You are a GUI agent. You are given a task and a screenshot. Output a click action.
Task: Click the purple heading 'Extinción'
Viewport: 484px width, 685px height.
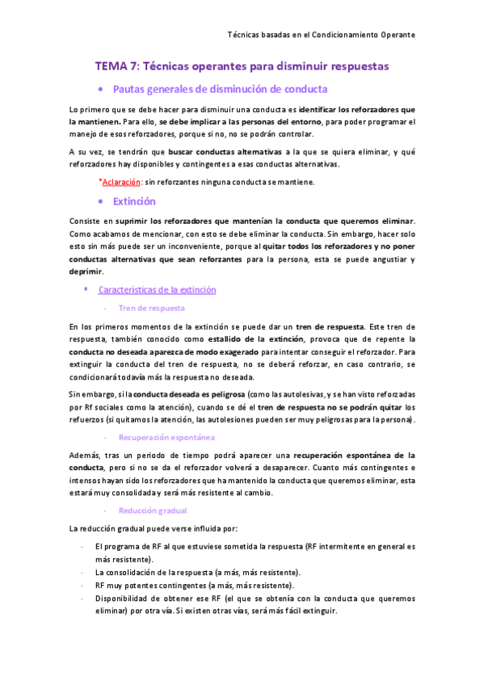(134, 201)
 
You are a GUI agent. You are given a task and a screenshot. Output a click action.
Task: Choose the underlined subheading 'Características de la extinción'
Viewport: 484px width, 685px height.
(157, 289)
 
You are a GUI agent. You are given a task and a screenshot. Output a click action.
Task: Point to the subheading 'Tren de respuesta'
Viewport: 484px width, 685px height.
(151, 308)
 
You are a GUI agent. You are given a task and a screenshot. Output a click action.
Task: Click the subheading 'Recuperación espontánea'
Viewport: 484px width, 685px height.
(166, 437)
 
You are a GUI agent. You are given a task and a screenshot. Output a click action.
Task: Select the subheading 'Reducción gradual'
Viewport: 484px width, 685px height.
(152, 511)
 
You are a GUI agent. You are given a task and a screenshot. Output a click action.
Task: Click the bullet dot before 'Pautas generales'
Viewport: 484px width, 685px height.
(99, 89)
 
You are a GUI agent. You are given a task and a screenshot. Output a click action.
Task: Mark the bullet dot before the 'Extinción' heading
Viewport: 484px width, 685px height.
(99, 202)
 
